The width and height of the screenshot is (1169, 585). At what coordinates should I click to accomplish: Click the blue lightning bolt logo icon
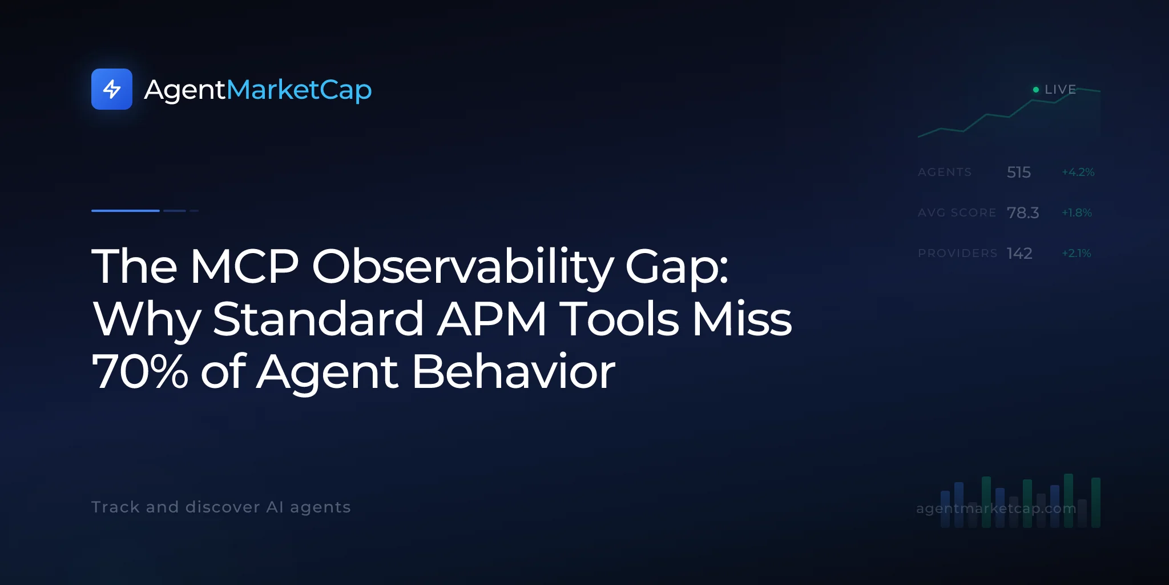pyautogui.click(x=112, y=89)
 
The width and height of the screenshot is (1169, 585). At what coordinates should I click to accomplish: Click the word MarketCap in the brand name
pyautogui.click(x=299, y=90)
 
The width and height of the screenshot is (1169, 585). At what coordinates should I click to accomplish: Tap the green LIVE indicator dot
pyautogui.click(x=1036, y=90)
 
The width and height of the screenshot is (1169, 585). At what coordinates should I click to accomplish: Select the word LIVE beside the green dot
pyautogui.click(x=1061, y=90)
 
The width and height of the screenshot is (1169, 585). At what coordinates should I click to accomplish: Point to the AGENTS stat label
pyautogui.click(x=945, y=172)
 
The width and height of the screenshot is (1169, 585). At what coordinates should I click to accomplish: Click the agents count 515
pyautogui.click(x=1019, y=172)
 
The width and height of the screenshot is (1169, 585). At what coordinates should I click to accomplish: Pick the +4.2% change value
pyautogui.click(x=1078, y=172)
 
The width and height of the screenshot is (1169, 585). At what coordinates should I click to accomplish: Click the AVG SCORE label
pyautogui.click(x=957, y=213)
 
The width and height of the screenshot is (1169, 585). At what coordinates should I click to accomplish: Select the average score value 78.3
pyautogui.click(x=1023, y=213)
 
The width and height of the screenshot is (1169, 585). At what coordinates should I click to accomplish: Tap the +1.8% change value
pyautogui.click(x=1077, y=213)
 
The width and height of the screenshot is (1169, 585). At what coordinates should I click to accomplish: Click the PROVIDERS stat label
pyautogui.click(x=958, y=253)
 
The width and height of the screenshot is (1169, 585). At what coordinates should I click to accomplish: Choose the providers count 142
pyautogui.click(x=1019, y=253)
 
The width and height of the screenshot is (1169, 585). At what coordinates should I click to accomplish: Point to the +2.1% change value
pyautogui.click(x=1077, y=253)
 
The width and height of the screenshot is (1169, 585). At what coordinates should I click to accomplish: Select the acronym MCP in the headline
pyautogui.click(x=244, y=266)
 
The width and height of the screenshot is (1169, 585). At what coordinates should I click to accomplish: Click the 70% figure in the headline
pyautogui.click(x=140, y=372)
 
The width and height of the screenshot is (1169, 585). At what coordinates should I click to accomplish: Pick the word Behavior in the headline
pyautogui.click(x=514, y=372)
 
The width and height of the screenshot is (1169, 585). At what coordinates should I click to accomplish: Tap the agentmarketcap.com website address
pyautogui.click(x=996, y=508)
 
